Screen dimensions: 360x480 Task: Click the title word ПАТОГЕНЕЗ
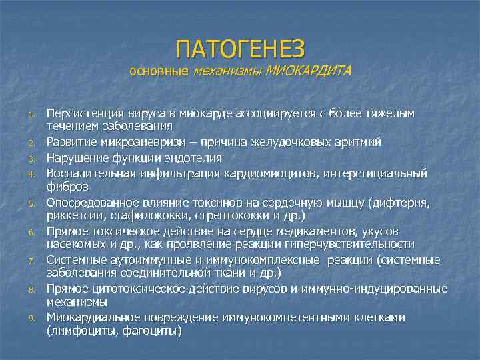pos(240,49)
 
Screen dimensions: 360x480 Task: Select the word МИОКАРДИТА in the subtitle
pos(307,71)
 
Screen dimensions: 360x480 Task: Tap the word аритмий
pos(343,143)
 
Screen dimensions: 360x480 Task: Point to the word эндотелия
pos(194,157)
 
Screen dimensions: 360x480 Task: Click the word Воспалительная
pos(91,172)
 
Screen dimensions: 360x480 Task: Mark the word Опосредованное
pos(91,201)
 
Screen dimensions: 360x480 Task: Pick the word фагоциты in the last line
pos(151,331)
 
